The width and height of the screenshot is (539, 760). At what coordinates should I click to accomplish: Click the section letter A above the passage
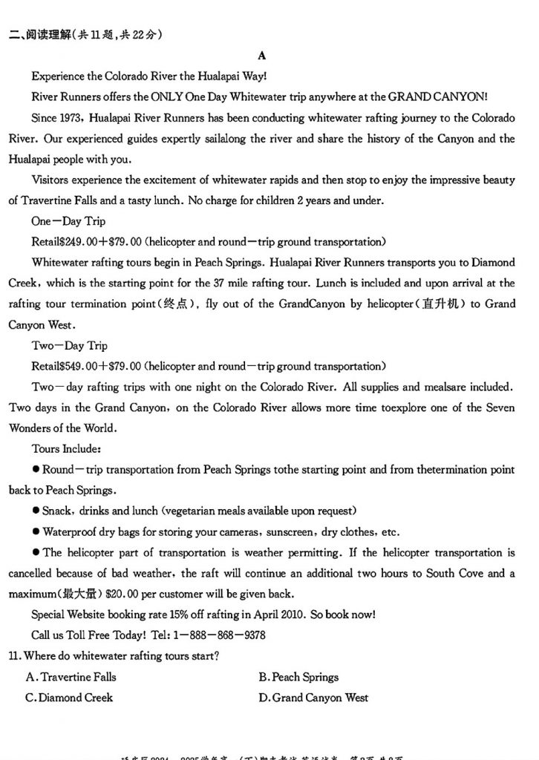pos(261,56)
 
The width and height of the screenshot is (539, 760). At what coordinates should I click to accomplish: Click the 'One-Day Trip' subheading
pos(68,221)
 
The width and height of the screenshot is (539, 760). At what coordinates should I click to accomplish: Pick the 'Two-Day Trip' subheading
pos(69,345)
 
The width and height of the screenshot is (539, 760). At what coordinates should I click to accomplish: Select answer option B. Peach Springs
pos(298,677)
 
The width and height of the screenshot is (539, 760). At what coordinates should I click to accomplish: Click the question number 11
pos(15,656)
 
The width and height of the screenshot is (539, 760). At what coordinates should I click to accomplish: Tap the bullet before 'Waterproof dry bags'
pos(36,532)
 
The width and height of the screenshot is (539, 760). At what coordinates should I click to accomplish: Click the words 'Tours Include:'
pos(67,449)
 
